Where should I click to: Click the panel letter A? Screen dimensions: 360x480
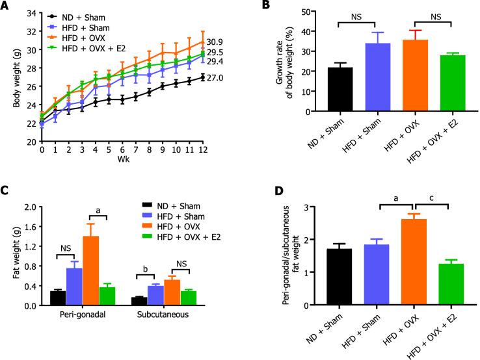coord(7,6)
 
